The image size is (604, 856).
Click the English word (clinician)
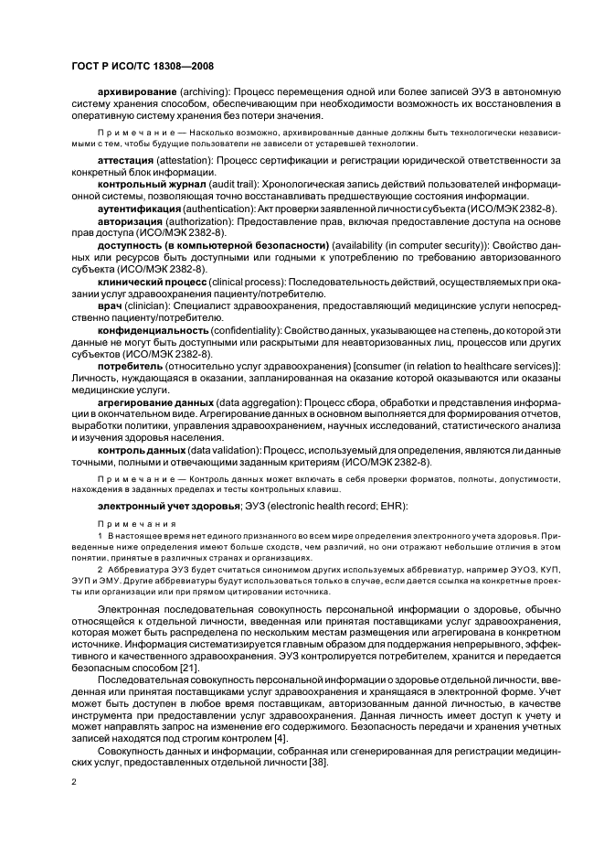click(x=146, y=305)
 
